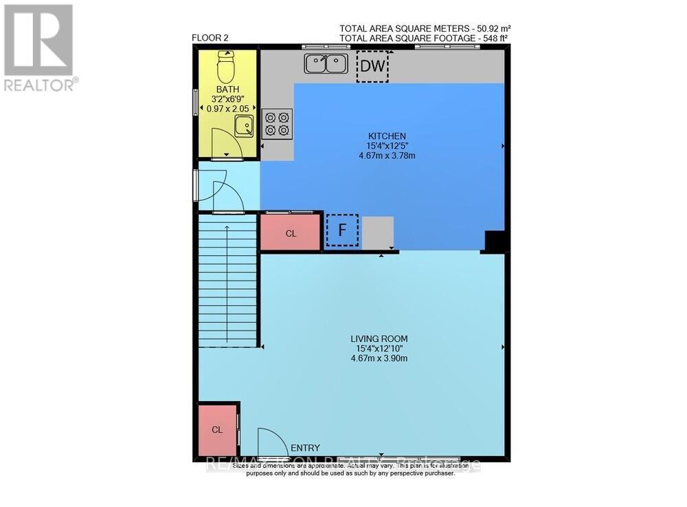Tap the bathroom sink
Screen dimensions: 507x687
(x=244, y=126)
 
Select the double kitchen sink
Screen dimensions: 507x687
(x=326, y=64)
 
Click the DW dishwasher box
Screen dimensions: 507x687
(x=372, y=67)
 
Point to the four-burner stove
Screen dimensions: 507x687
(x=277, y=123)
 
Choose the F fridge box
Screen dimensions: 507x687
(x=341, y=230)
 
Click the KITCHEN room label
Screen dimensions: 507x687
(x=387, y=136)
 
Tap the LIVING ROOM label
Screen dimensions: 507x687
(x=379, y=338)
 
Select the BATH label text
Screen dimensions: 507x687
(x=226, y=90)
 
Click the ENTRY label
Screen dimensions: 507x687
(x=305, y=448)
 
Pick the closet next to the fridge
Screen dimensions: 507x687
(x=291, y=233)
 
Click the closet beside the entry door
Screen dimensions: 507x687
(x=217, y=430)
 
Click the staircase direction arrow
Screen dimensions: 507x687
(x=227, y=282)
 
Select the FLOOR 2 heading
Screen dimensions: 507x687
(x=210, y=39)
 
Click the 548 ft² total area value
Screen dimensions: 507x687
(x=492, y=39)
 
